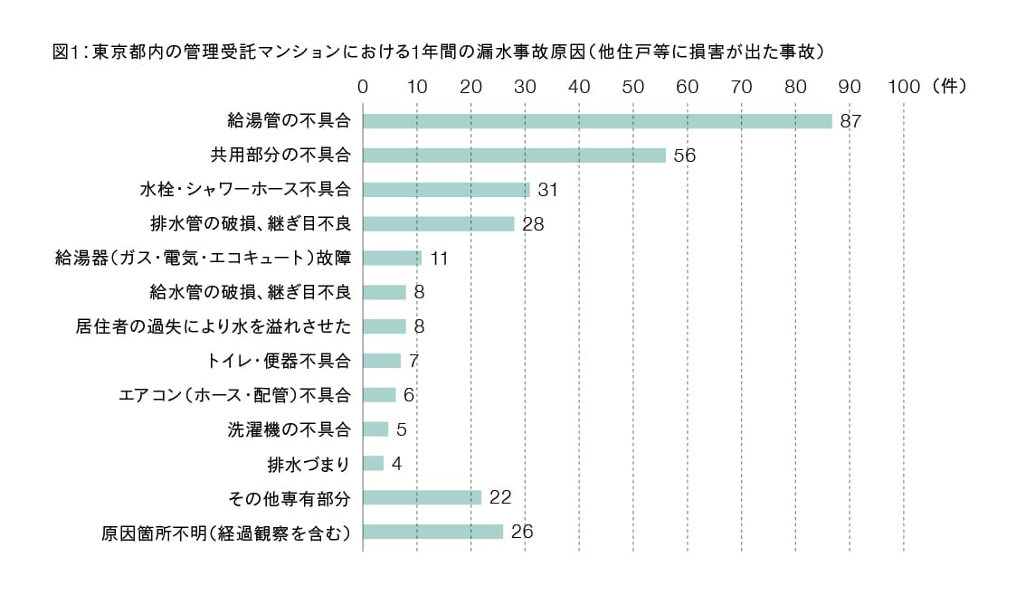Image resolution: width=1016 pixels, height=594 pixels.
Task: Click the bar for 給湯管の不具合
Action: (597, 121)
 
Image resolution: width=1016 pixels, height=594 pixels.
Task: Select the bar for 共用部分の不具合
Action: (514, 156)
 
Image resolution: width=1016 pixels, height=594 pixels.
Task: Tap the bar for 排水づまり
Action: (373, 464)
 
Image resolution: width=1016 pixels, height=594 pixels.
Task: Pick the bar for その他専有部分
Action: (422, 497)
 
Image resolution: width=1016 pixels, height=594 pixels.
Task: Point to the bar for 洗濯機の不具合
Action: (375, 429)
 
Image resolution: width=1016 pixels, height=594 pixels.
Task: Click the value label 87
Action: (850, 121)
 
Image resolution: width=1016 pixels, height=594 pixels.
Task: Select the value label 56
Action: (684, 156)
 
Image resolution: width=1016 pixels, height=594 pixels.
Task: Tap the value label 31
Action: (548, 190)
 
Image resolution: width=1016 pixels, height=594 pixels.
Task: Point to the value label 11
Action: (440, 259)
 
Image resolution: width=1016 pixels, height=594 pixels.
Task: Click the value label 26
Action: (521, 532)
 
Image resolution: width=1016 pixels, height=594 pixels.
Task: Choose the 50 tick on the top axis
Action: (633, 87)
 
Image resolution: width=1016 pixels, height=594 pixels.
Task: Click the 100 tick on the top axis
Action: (904, 87)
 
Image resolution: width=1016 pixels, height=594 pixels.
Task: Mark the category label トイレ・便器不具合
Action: (279, 361)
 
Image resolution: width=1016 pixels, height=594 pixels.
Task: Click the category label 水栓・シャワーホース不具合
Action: (245, 190)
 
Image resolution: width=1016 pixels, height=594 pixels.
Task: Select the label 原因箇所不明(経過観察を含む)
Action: (225, 533)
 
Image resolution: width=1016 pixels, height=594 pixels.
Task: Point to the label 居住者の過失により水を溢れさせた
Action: (213, 326)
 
